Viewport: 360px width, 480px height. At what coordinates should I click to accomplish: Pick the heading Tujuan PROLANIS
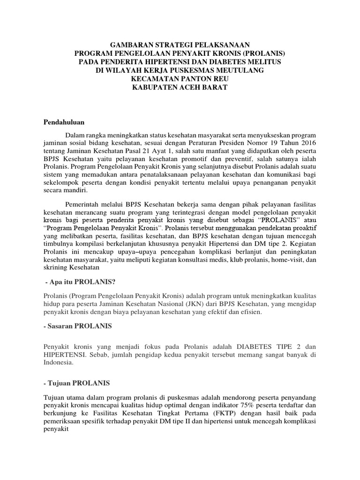coord(77,383)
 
